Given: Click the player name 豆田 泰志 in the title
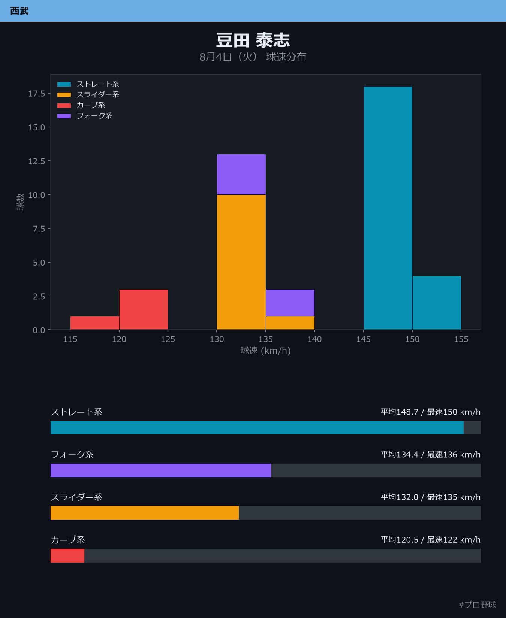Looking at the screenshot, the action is point(253,40).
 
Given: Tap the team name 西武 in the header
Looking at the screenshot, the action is point(19,11).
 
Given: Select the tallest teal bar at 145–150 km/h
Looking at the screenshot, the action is point(388,208).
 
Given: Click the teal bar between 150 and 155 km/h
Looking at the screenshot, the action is point(437,303).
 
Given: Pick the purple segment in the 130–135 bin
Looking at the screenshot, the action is point(241,174).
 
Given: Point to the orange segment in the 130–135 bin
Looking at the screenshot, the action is point(241,262).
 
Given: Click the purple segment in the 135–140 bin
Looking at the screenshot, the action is point(290,303).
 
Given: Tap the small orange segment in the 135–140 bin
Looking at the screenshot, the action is point(290,323).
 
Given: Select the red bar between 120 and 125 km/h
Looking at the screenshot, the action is point(144,309).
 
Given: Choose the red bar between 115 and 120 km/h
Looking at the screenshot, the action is point(95,323).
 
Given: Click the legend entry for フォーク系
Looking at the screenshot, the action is point(85,116).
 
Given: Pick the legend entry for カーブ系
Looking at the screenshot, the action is point(81,105).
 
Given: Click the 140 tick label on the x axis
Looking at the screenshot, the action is point(314,339).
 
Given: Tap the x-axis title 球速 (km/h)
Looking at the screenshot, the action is point(265,351).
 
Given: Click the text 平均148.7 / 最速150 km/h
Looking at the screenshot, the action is point(431,412).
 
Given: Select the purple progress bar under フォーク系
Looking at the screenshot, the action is point(161,470).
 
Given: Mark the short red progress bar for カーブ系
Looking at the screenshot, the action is point(67,555).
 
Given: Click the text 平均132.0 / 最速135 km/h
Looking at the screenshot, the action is point(431,497).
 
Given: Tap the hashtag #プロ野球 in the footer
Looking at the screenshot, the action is point(477,605).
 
